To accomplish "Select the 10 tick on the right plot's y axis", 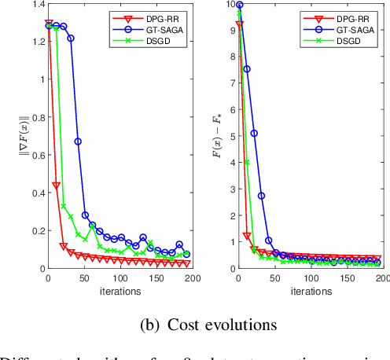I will (229, 5).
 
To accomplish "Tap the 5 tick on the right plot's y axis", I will (231, 137).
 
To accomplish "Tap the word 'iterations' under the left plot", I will (120, 290).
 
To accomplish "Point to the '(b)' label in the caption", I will (133, 324).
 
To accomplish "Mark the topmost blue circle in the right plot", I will (240, 5).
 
